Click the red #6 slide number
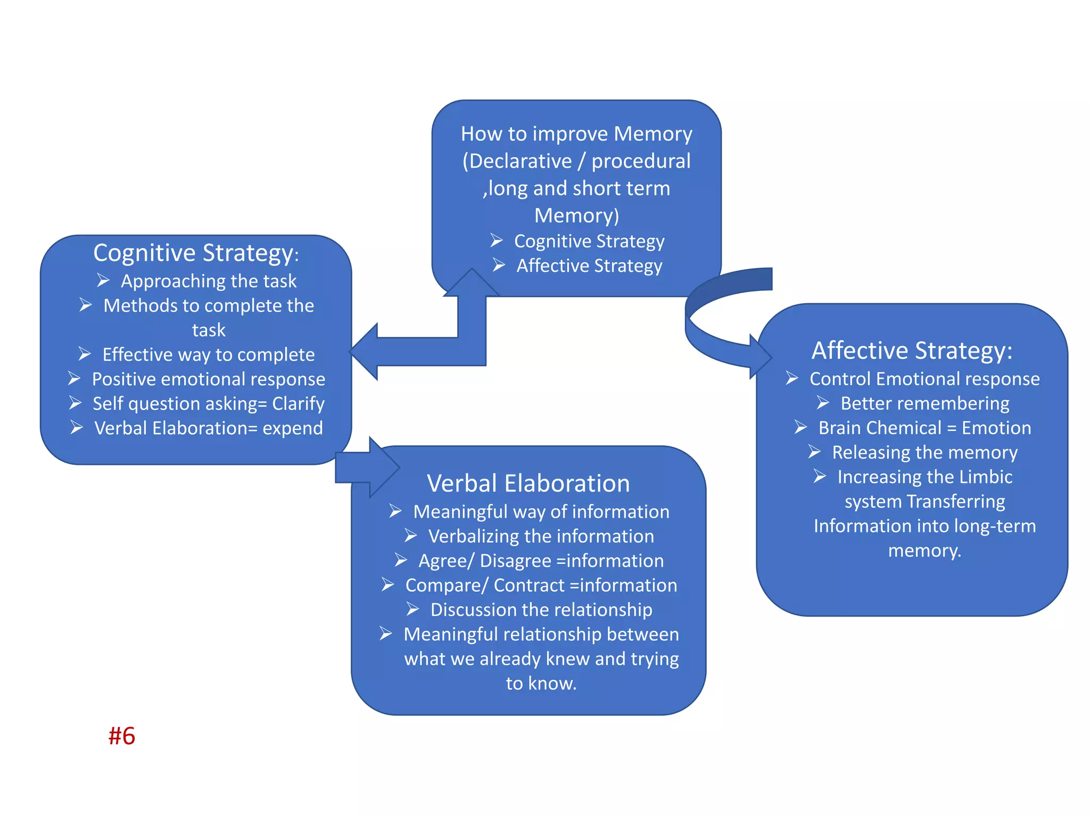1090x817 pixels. click(122, 736)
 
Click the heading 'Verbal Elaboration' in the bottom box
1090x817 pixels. click(528, 483)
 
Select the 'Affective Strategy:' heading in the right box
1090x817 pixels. click(912, 351)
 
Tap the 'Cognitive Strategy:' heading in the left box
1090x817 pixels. click(195, 253)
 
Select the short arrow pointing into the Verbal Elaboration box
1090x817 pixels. click(367, 468)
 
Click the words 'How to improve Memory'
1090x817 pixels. click(576, 134)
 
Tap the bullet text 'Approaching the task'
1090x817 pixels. click(208, 281)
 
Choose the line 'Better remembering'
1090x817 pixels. click(924, 403)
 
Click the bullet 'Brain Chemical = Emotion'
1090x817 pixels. click(924, 428)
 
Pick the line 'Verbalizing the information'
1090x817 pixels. click(541, 536)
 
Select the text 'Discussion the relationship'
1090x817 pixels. click(541, 610)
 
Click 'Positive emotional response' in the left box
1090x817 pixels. click(208, 379)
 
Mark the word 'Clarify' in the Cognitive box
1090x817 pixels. click(298, 404)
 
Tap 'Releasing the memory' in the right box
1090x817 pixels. click(924, 452)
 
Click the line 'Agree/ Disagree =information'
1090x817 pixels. click(541, 561)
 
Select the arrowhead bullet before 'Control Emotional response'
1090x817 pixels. click(792, 378)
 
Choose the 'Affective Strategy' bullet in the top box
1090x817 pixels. click(589, 265)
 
